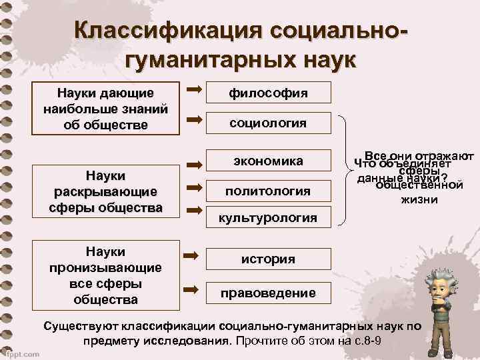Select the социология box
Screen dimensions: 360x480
[268, 123]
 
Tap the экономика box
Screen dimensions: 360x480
[268, 161]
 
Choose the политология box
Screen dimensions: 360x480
[268, 191]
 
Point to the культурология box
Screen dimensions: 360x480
[268, 217]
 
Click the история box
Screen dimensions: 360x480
[268, 259]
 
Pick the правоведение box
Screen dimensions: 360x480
[268, 293]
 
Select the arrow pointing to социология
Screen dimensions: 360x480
[194, 120]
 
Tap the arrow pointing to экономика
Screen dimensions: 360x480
[194, 163]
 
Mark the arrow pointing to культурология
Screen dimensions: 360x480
[194, 211]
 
